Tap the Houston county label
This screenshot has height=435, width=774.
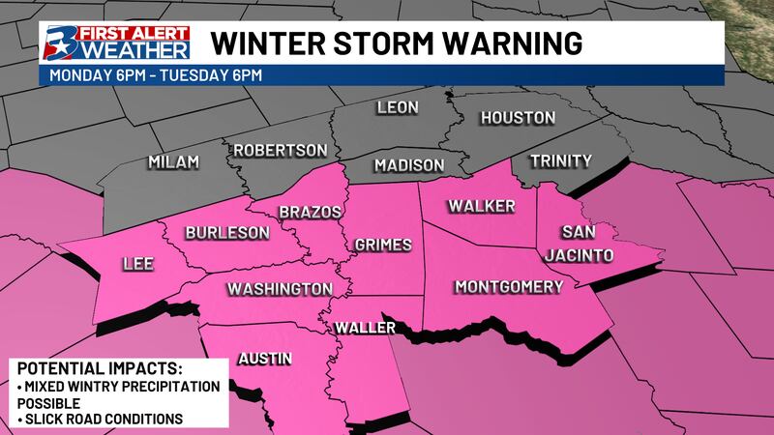520,118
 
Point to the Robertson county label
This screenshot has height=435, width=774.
280,151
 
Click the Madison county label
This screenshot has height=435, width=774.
408,165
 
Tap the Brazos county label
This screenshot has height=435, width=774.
306,212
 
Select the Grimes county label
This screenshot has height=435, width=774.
383,245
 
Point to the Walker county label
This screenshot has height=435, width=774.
481,206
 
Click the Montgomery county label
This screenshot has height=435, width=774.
508,287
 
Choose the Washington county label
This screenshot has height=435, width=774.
281,289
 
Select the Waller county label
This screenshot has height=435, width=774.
365,329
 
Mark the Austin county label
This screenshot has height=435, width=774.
264,360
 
